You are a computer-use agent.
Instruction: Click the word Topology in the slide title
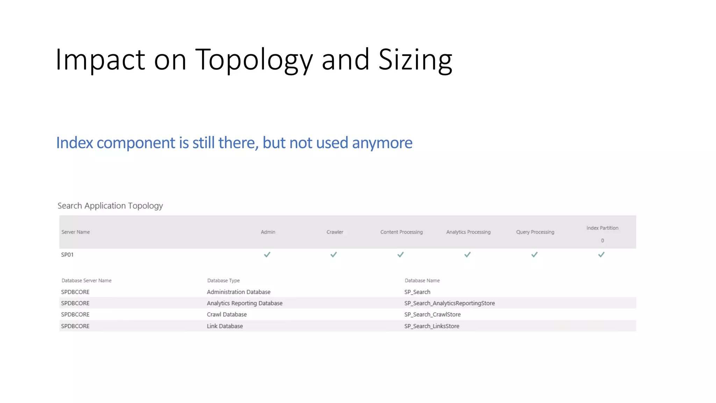point(253,60)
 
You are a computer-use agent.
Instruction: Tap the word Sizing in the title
point(415,60)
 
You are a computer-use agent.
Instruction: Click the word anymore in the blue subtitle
point(382,143)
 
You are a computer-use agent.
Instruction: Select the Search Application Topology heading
point(110,206)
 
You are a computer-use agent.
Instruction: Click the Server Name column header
point(76,232)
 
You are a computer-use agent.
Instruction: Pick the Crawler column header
point(335,232)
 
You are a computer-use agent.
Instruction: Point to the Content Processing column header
point(401,232)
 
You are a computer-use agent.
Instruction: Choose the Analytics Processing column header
point(468,232)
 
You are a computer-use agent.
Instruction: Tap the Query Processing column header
point(535,232)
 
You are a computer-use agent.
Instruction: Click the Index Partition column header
point(602,228)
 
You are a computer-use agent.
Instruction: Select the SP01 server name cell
point(67,255)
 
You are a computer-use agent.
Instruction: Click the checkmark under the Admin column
point(267,255)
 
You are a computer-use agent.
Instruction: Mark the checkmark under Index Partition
point(601,255)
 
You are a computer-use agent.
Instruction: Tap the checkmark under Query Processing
point(534,255)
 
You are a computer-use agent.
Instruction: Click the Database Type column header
point(223,281)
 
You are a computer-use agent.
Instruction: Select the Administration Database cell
point(238,292)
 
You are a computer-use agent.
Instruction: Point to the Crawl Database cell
point(227,314)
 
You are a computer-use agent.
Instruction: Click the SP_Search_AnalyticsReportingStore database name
point(449,303)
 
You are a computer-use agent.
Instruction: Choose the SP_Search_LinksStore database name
point(432,326)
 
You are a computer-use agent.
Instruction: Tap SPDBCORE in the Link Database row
point(75,326)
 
